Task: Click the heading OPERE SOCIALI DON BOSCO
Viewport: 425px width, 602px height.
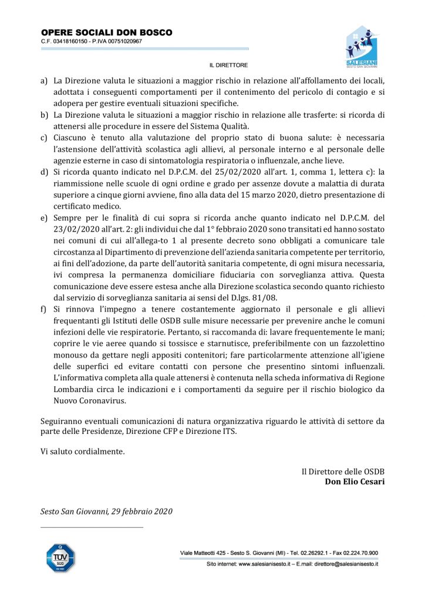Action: click(106, 32)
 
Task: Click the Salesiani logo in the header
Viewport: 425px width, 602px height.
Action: click(362, 47)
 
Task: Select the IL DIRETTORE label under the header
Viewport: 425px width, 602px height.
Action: click(228, 65)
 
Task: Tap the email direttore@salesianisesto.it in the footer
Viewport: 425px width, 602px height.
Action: click(341, 564)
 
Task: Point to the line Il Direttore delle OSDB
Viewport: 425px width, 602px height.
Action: click(343, 471)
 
